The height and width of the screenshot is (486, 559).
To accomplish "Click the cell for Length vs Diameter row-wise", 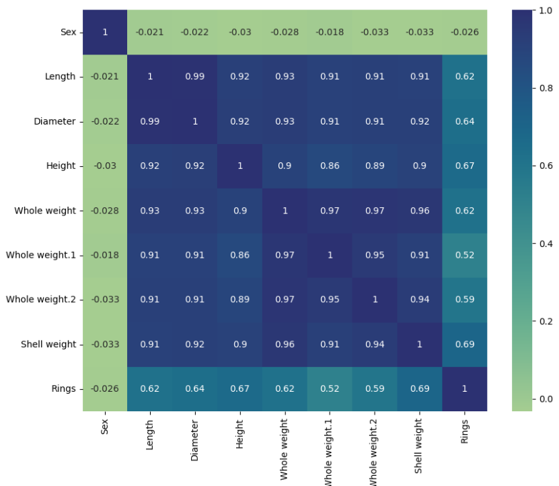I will pos(194,76).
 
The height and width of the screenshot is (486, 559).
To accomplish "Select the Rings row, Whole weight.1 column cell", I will pos(330,388).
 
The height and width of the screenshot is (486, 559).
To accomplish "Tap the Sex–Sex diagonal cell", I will pos(104,32).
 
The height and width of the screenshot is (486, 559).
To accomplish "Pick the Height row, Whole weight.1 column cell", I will pos(330,166).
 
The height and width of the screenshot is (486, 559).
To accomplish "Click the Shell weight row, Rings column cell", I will pos(465,344).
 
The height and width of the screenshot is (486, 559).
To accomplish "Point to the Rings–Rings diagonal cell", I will pos(465,388).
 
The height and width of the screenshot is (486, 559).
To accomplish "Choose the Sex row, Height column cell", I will pos(239,32).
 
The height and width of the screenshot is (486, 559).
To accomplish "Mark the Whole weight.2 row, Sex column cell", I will pos(104,300).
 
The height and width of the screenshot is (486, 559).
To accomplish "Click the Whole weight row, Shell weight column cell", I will pos(420,210).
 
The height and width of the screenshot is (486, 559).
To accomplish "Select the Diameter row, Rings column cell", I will pos(465,121).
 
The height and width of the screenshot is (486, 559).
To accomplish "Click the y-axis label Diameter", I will pos(54,121).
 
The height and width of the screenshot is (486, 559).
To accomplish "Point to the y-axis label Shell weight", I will pos(47,344).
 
